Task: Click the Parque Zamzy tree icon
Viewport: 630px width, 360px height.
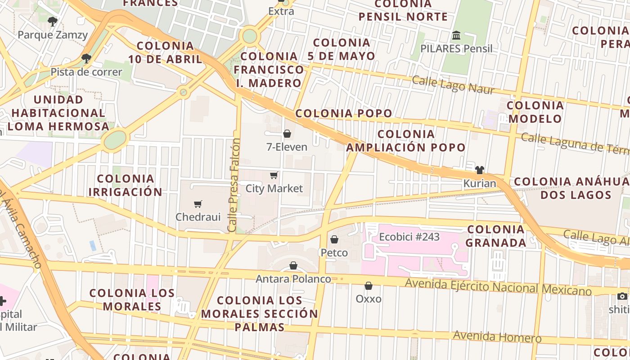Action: click(53, 21)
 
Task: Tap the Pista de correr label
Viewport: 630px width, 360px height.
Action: click(86, 72)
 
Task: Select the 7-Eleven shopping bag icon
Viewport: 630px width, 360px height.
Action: click(287, 134)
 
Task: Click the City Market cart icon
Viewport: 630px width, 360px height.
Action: click(274, 175)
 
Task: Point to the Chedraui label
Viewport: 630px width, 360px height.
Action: click(198, 217)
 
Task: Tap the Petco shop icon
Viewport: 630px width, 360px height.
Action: click(334, 239)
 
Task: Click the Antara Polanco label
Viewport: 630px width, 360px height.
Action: click(293, 279)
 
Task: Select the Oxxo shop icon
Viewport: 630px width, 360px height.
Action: click(369, 286)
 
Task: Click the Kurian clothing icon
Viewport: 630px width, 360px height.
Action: click(480, 170)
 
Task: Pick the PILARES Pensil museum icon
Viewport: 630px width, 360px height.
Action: click(457, 35)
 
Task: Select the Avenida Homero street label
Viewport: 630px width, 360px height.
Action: click(497, 337)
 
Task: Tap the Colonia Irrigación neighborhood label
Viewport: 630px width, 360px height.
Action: click(126, 185)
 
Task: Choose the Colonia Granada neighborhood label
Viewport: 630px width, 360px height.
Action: click(496, 236)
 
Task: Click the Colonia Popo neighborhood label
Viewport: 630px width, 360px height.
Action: click(344, 113)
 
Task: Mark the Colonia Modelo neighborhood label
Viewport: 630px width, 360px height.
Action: click(535, 112)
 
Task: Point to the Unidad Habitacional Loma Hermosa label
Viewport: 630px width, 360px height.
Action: click(58, 113)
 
